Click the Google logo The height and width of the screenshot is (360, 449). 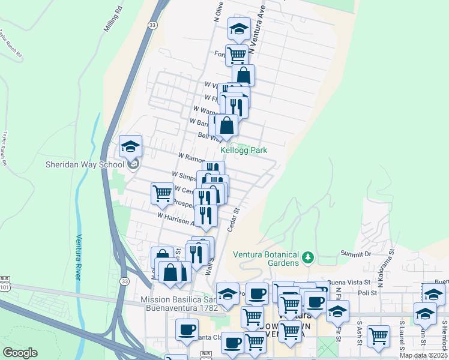(20, 353)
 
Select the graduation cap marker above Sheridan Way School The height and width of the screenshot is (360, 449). (130, 146)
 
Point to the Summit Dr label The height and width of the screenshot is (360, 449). (356, 254)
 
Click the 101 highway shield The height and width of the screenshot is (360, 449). (5, 287)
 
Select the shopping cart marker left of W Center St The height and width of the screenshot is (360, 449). (162, 194)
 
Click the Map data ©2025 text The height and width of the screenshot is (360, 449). (423, 355)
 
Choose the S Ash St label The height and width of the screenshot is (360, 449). (359, 331)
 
